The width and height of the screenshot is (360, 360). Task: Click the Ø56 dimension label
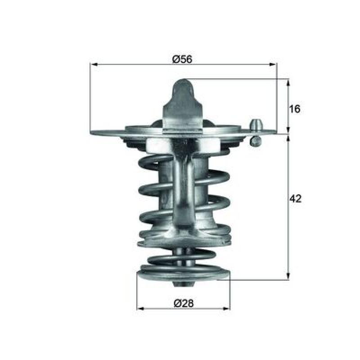tap(182, 59)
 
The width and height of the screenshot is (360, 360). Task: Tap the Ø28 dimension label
tap(184, 303)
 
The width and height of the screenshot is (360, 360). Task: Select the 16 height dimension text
tap(295, 109)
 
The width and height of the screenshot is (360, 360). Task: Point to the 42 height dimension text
tap(295, 198)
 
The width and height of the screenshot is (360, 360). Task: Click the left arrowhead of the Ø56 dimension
tap(94, 65)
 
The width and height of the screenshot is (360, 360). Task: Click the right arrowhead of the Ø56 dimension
tap(273, 65)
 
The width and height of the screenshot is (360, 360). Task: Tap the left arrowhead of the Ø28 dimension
tap(140, 309)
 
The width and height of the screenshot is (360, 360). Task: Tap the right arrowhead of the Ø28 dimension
tap(226, 309)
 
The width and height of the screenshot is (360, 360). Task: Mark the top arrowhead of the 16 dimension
tap(288, 83)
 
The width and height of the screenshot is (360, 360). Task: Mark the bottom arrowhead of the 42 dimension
tap(288, 276)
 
